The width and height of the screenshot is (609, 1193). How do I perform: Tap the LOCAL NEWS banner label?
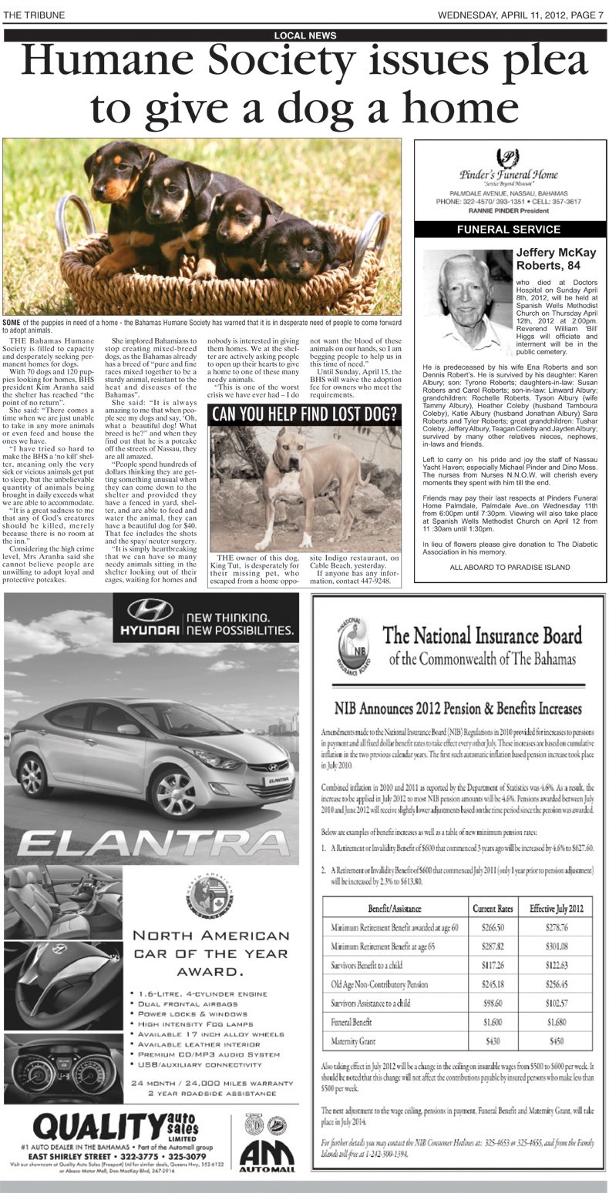pos(304,35)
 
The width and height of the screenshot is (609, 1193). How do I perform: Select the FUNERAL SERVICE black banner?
pos(509,230)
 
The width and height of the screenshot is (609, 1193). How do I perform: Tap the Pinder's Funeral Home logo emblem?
pos(508,158)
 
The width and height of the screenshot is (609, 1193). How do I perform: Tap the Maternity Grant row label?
pos(355,1041)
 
